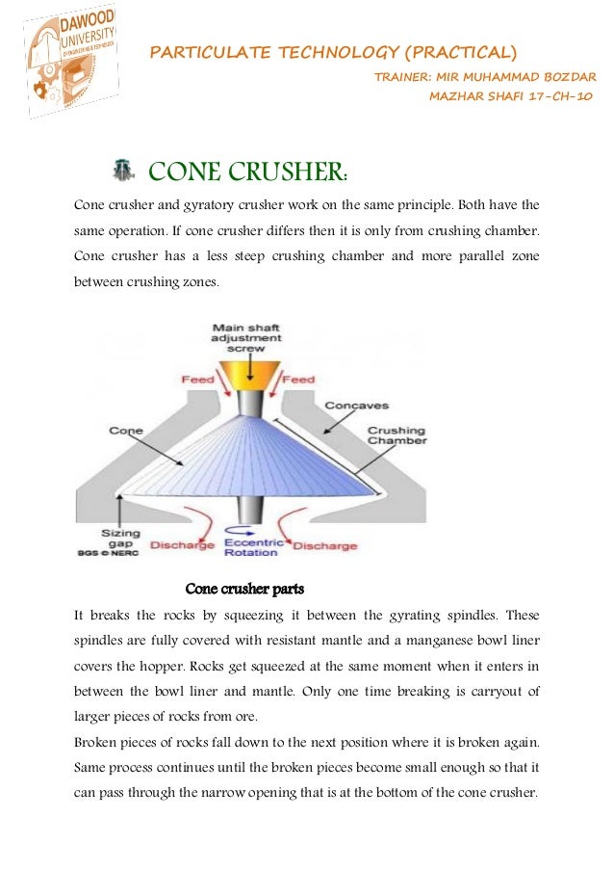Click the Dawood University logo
69,64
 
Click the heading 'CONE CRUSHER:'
247,172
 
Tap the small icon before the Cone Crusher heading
122,171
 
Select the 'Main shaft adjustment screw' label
247,337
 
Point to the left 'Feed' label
197,380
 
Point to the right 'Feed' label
299,380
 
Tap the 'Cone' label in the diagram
126,431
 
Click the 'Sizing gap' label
116,538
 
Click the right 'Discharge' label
324,546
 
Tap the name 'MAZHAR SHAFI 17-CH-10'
510,96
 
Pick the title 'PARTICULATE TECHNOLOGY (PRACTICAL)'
333,52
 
